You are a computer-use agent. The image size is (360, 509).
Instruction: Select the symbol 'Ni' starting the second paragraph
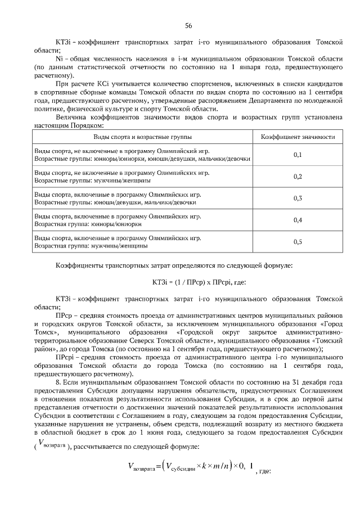pos(59,58)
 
